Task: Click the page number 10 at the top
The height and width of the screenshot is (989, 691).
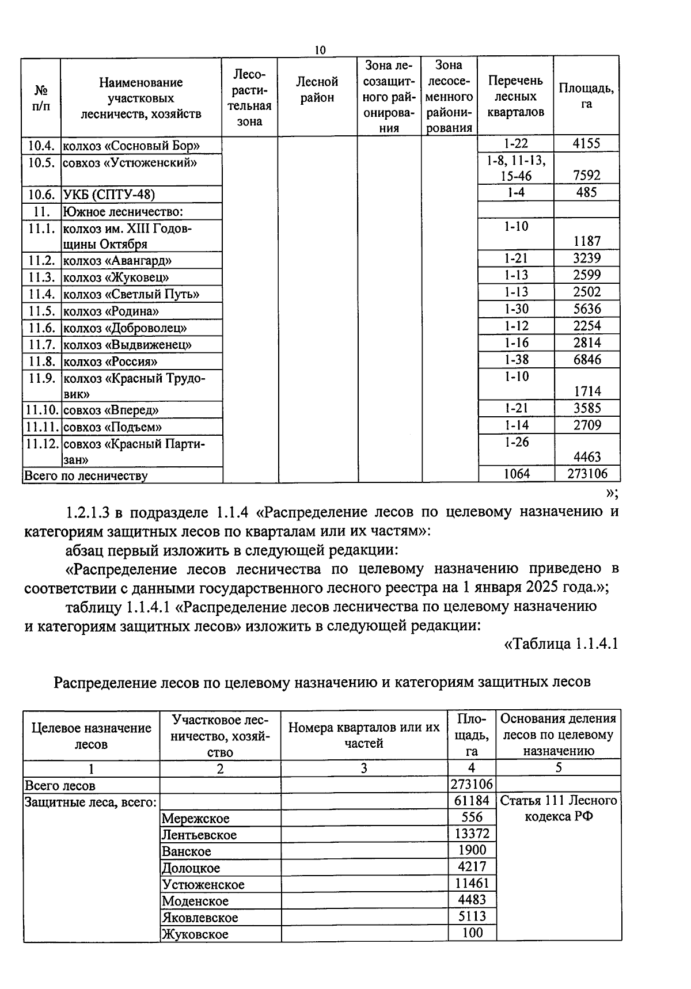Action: coord(320,50)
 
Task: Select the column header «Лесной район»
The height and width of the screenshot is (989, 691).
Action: coord(317,90)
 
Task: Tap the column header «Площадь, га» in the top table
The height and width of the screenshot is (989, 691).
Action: coord(586,96)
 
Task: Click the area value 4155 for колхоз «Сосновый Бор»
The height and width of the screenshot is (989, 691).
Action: coord(586,143)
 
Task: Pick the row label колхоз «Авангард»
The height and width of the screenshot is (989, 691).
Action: coord(117,261)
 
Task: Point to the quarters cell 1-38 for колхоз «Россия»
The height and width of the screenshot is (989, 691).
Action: coord(516,360)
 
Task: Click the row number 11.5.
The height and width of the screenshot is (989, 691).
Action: coord(41,311)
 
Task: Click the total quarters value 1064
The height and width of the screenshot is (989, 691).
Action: coord(516,474)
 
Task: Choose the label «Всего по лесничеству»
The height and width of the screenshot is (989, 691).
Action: coord(85,476)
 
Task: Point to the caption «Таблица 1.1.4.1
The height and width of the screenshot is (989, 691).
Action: coord(561,644)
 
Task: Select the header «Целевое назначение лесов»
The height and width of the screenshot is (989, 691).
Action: coord(91,736)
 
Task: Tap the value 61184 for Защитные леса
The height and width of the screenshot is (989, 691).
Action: coord(472,801)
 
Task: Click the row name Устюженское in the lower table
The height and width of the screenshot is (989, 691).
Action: coord(203,884)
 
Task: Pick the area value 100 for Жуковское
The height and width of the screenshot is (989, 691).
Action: coord(472,933)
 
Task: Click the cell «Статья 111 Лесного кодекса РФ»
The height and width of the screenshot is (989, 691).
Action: coord(558,808)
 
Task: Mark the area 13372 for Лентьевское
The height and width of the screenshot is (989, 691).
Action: coord(472,834)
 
